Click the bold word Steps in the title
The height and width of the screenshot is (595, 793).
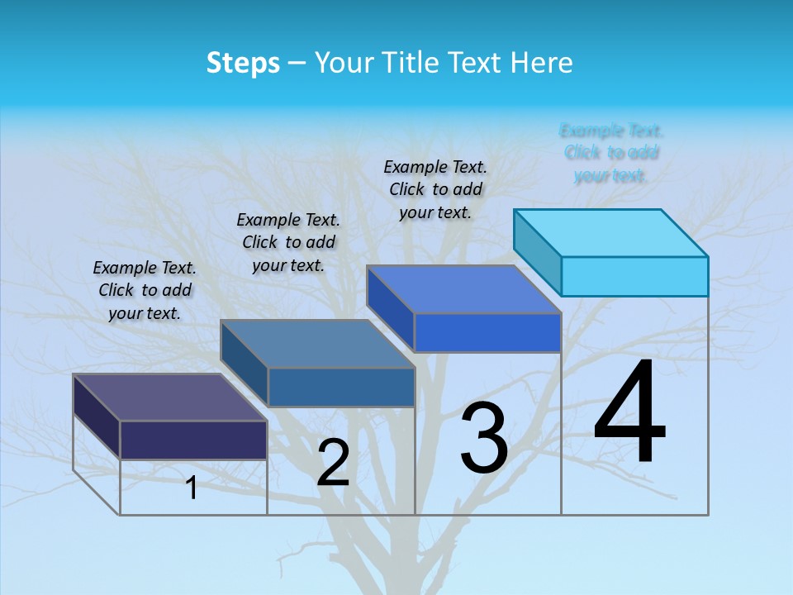click(243, 63)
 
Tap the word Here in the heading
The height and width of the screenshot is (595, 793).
click(541, 63)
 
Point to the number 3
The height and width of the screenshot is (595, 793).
click(484, 438)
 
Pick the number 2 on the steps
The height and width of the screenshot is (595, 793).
click(333, 463)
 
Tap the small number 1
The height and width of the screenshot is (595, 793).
click(192, 488)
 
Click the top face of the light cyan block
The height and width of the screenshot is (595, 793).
click(611, 232)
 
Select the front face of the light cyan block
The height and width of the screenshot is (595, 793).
click(634, 276)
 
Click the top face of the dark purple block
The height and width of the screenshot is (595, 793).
click(170, 397)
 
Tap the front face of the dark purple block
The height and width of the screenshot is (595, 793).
click(193, 440)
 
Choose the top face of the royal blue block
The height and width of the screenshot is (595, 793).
click(464, 289)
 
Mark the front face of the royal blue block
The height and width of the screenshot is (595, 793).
click(487, 332)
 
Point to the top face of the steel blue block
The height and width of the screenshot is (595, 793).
click(317, 344)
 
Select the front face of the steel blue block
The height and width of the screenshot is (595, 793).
click(340, 387)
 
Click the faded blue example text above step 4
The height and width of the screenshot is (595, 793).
click(611, 153)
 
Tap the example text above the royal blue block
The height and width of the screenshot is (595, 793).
click(435, 189)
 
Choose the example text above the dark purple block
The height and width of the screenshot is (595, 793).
click(145, 290)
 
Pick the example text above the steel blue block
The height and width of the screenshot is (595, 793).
click(288, 242)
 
